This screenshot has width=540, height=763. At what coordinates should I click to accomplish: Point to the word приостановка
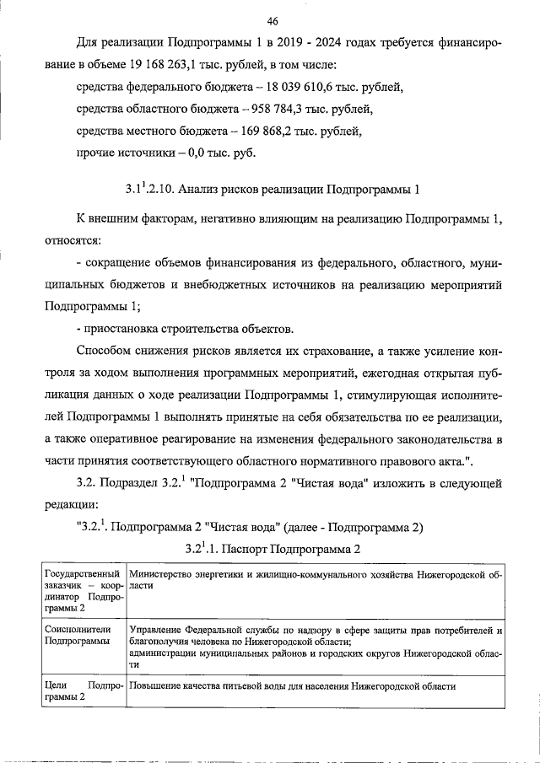click(x=119, y=327)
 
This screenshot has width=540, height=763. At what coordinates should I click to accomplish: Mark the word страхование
click(x=342, y=350)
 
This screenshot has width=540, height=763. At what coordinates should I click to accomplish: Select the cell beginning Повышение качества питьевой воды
click(x=292, y=686)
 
